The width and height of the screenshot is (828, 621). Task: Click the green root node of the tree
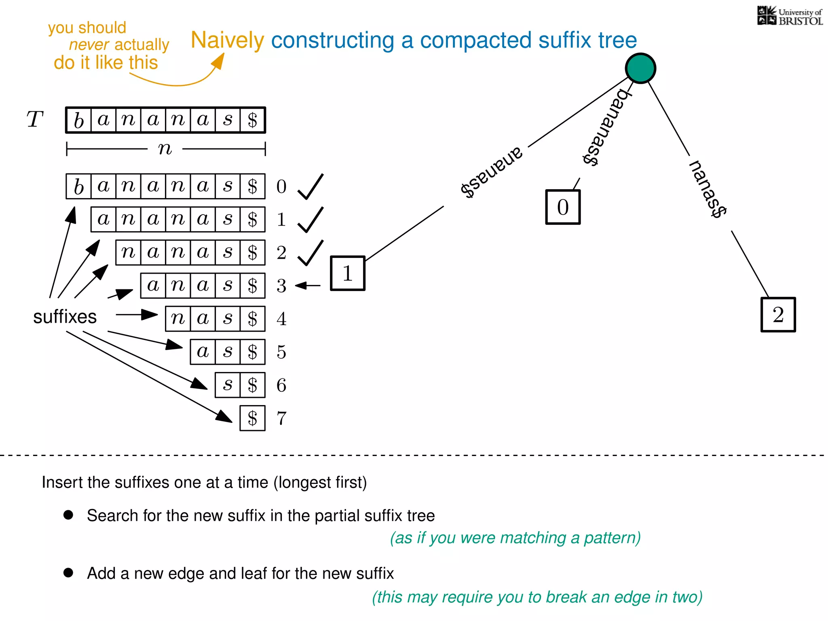pos(640,68)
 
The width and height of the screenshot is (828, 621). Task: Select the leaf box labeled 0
pos(563,207)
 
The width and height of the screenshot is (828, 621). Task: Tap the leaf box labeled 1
pos(348,273)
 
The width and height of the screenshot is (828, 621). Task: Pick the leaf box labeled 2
pos(778,315)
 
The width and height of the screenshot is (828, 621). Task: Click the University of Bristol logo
pos(790,16)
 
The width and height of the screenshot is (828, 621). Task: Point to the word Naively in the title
pos(227,40)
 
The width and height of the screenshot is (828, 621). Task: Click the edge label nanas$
pos(708,189)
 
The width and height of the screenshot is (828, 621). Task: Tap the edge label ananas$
pos(492,172)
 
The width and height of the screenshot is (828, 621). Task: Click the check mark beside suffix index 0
pos(310,187)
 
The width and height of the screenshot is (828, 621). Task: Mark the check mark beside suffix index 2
pos(310,253)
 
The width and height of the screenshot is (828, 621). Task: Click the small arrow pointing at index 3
pos(308,285)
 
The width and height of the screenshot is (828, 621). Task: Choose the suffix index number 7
pos(281,418)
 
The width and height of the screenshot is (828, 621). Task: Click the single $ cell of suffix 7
pos(252,418)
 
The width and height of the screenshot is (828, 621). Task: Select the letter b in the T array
pos(79,120)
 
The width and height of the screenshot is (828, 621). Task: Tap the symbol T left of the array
pos(35,120)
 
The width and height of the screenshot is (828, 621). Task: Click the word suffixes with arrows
pos(65,317)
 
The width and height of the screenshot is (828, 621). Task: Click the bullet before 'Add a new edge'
pos(68,572)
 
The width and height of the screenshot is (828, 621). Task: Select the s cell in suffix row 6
pos(228,385)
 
